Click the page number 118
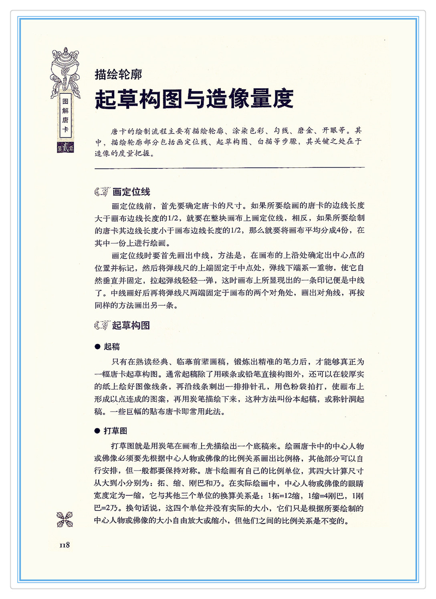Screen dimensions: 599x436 65,545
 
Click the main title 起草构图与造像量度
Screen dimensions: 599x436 194,99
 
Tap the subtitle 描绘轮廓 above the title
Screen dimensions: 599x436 118,74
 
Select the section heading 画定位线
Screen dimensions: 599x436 131,192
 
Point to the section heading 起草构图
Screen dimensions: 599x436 131,325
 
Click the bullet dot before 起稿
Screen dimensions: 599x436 97,347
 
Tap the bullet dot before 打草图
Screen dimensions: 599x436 97,431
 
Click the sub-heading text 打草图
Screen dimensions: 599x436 115,431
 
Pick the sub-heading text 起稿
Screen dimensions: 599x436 112,347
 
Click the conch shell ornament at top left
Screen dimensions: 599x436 65,70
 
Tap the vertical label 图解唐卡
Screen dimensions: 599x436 65,116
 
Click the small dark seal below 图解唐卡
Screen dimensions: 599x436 65,147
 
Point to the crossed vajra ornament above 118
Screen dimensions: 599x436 65,519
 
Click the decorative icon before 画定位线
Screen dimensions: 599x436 102,192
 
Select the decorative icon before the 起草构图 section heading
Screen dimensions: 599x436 102,325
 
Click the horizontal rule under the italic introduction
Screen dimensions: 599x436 229,168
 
